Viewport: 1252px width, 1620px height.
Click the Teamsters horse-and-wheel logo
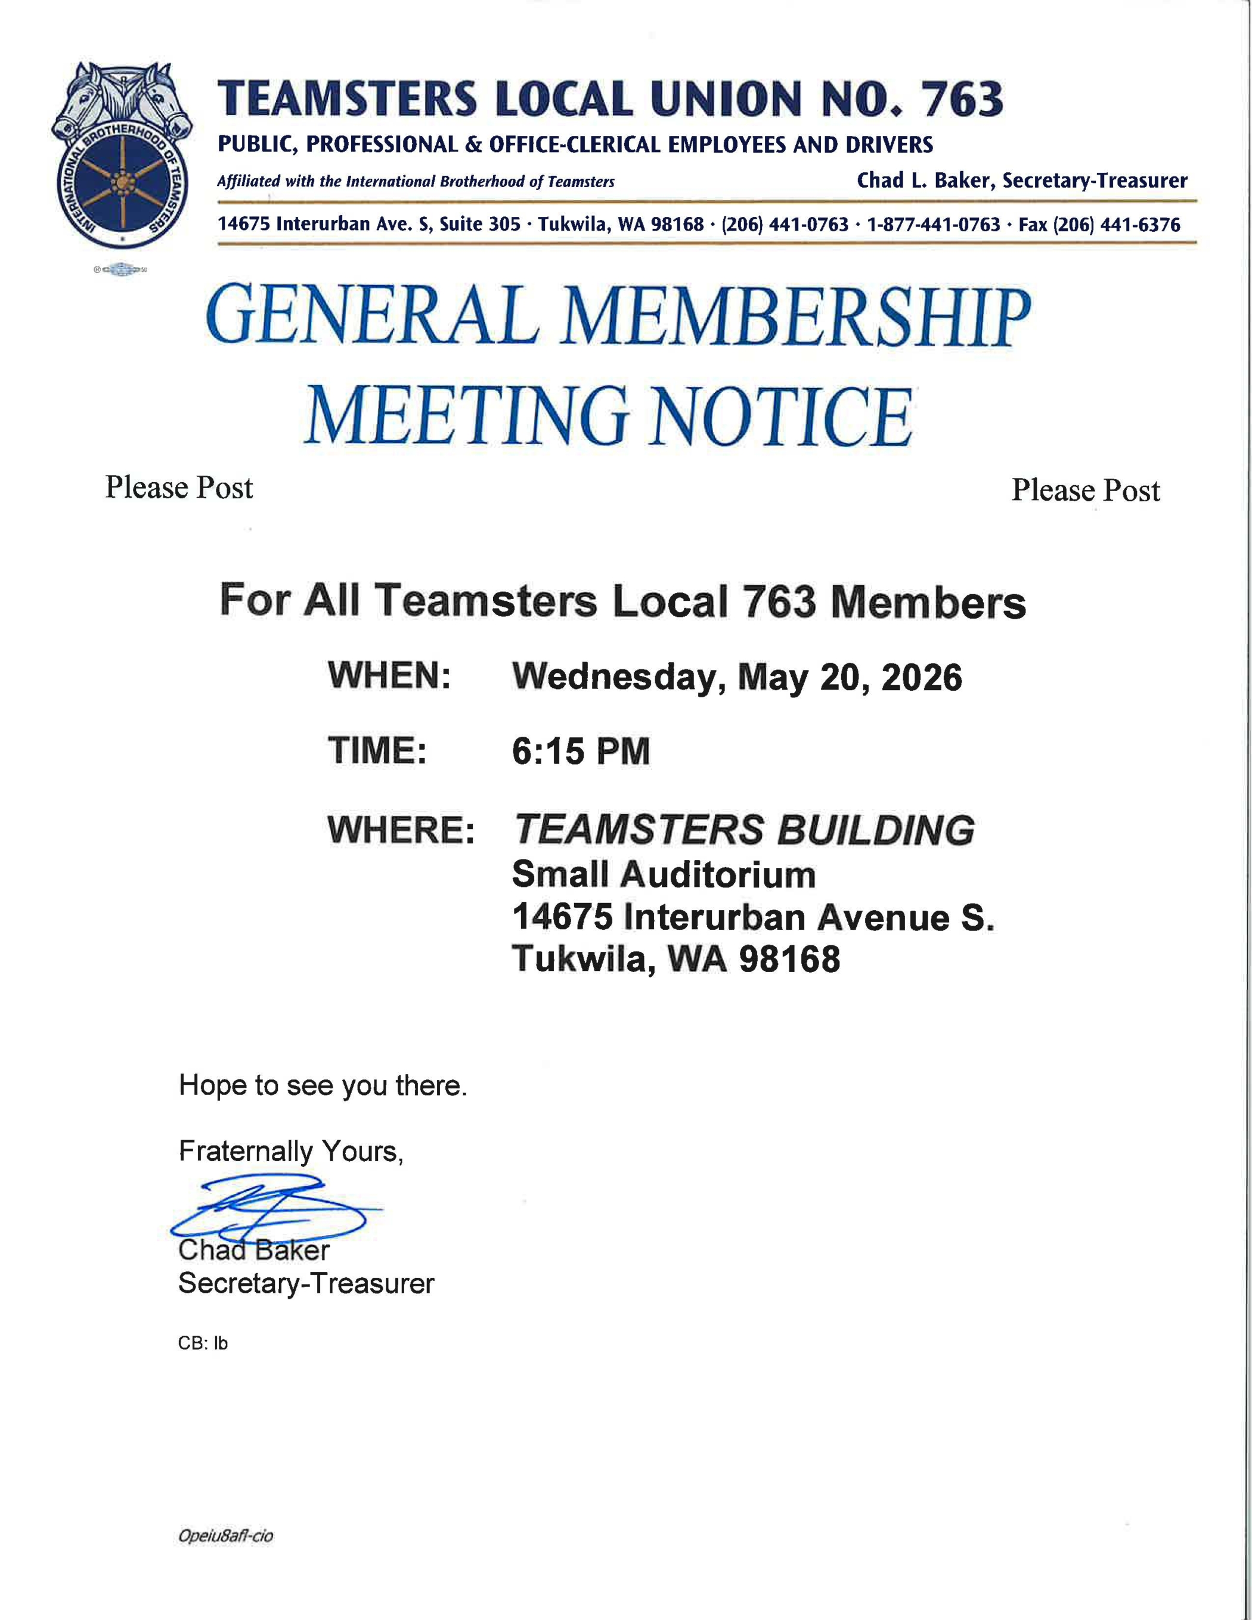[122, 155]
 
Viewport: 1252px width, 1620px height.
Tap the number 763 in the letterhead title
[962, 100]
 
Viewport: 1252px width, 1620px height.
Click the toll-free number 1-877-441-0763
[933, 225]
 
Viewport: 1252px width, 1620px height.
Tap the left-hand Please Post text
[179, 488]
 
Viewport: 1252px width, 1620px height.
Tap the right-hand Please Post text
[1085, 491]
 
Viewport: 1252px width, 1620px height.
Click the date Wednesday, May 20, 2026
[736, 677]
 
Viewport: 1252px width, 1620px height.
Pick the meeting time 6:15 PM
[580, 752]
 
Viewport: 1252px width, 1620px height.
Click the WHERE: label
[401, 830]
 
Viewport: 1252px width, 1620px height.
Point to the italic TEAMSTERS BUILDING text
[743, 830]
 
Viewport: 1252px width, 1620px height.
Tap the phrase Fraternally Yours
[290, 1151]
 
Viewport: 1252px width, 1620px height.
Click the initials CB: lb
[203, 1343]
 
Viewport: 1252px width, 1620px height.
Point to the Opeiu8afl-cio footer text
[225, 1536]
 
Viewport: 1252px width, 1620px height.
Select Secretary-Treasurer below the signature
[306, 1284]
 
